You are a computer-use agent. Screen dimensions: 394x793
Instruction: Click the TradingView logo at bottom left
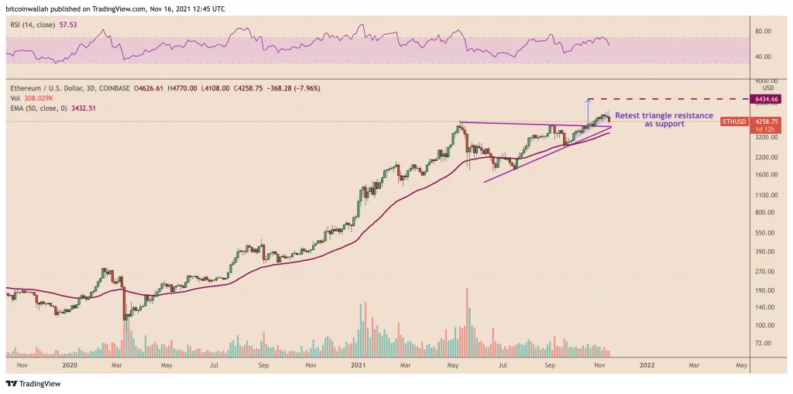point(33,383)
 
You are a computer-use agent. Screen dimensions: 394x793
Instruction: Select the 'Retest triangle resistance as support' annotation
point(664,119)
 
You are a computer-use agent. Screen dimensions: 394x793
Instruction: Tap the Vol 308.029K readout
point(36,99)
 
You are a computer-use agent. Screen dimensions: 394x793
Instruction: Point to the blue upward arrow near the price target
point(588,111)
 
